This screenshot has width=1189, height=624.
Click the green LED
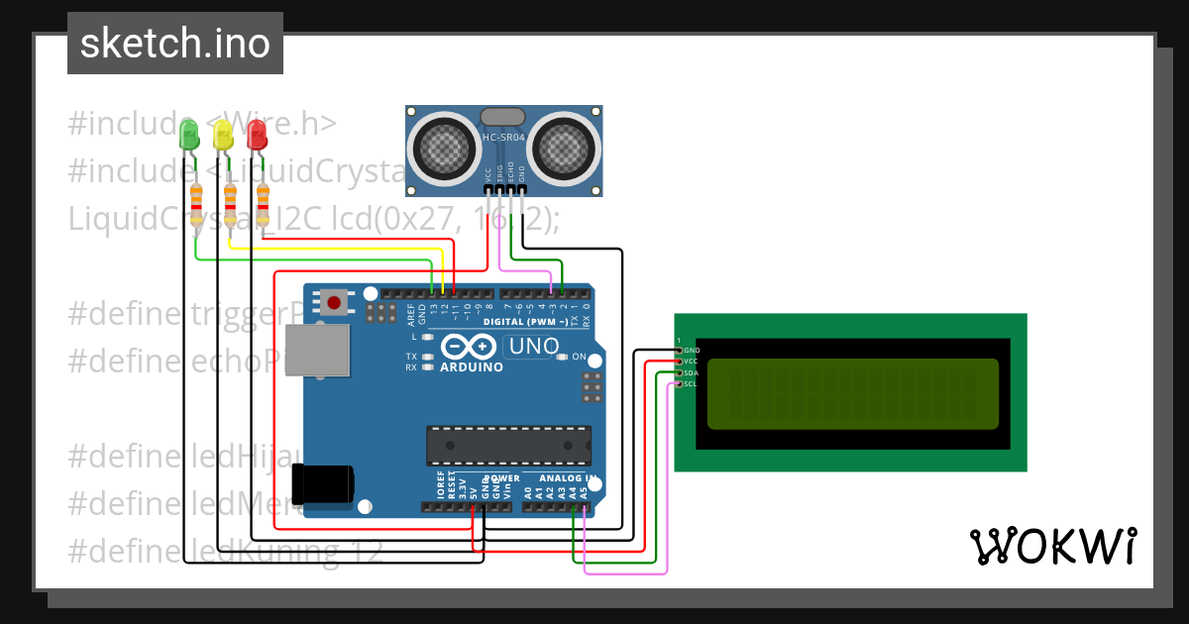[x=188, y=136]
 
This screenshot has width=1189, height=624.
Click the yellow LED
[x=223, y=136]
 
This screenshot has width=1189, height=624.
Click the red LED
[x=257, y=136]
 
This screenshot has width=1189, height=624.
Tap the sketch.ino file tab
[x=175, y=44]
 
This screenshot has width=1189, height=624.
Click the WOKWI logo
[x=1052, y=546]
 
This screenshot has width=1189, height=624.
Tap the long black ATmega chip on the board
[x=508, y=446]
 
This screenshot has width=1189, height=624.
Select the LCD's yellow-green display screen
[x=853, y=393]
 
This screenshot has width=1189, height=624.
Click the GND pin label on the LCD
[x=692, y=351]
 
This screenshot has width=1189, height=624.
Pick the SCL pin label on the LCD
[x=691, y=383]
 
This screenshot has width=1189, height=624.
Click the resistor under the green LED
[x=196, y=205]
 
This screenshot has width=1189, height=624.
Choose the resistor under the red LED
[x=263, y=205]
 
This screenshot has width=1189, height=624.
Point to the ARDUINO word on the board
[x=472, y=367]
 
